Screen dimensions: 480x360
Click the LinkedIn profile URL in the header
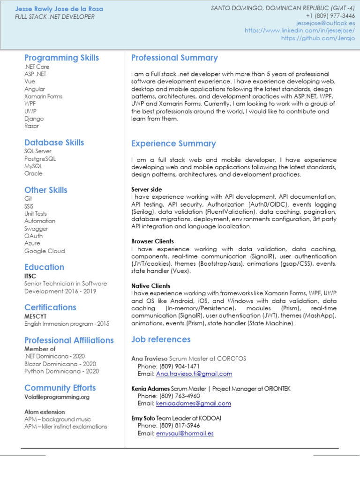pos(300,30)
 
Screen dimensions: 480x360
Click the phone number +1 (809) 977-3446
pos(324,15)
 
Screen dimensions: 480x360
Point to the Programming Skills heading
pos(61,58)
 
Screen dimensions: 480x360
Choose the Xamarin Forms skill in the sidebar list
pos(43,96)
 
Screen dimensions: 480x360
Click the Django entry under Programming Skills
pos(34,119)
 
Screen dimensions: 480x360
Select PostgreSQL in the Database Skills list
pos(40,158)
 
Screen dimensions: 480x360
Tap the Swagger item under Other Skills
pos(36,228)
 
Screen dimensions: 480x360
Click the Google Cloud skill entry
pos(45,251)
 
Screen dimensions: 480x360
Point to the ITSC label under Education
pos(30,276)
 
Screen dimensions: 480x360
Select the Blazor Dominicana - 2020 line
pos(60,364)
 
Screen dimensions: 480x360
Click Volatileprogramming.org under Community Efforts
pos(57,397)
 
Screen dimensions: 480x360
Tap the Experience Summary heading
pos(173,143)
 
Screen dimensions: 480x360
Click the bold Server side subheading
pos(147,189)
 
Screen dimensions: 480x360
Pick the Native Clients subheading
pos(150,285)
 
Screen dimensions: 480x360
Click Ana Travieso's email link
pos(194,374)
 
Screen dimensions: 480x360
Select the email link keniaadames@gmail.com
pos(193,404)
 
